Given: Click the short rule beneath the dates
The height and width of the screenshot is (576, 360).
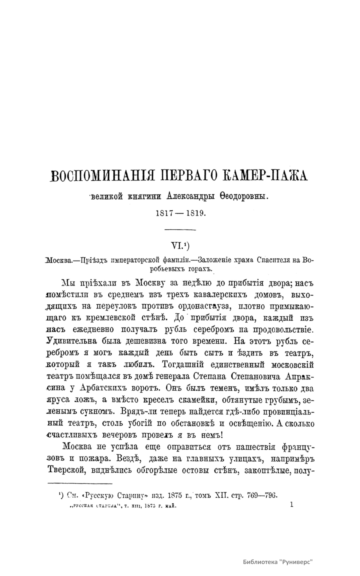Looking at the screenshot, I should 180,230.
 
